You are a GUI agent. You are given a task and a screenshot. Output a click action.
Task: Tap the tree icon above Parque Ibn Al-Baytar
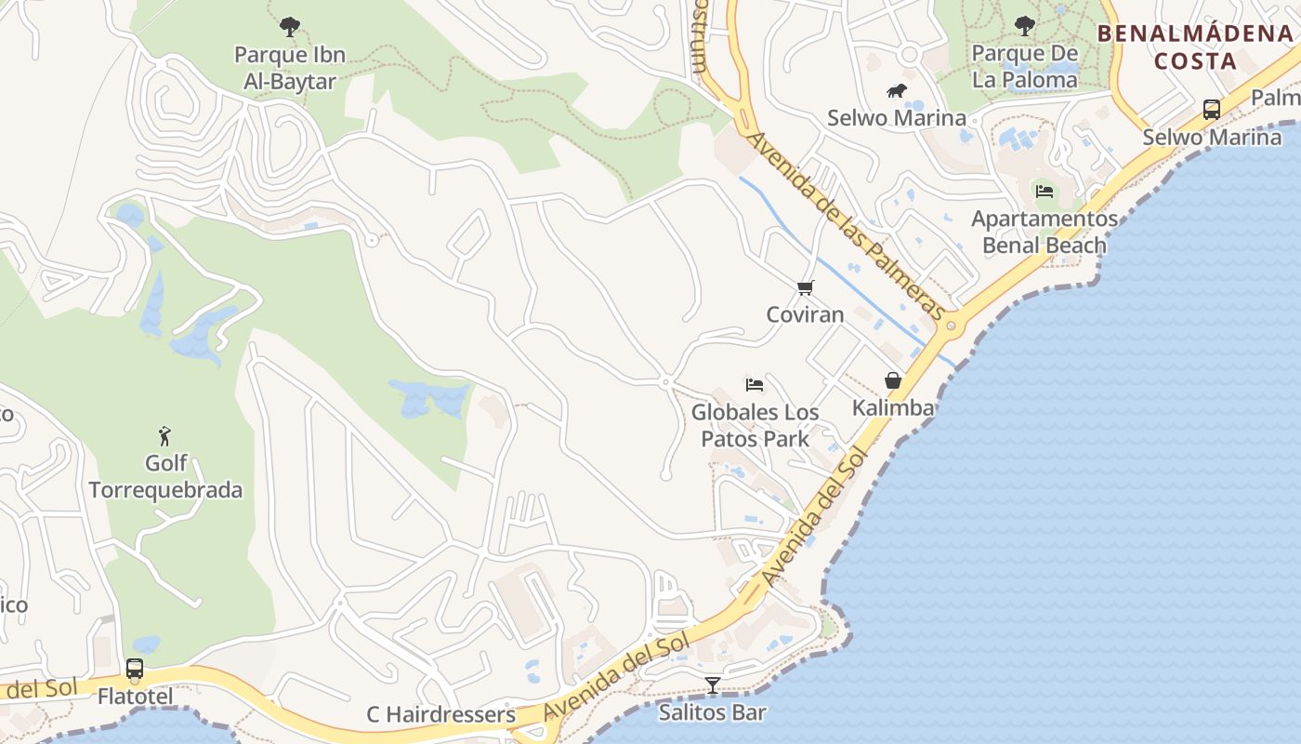coord(290,26)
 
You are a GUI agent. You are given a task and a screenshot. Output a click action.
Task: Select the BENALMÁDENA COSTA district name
coord(1194,47)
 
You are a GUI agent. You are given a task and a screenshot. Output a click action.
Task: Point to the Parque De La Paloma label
coord(1025,66)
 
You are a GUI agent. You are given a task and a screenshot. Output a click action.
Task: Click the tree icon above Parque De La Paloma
coord(1025,25)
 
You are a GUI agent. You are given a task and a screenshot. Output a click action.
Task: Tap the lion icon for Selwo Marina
coord(897,91)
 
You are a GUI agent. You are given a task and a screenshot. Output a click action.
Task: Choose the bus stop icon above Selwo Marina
coord(1212,110)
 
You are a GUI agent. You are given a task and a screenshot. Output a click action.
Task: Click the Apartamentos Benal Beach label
coord(1045,232)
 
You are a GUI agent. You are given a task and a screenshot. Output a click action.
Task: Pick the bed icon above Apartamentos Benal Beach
coord(1045,192)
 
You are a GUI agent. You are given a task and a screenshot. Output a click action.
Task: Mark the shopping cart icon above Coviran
coord(806,287)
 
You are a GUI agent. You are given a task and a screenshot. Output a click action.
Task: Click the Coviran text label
coord(806,314)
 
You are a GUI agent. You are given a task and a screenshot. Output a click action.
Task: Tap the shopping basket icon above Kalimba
coord(893,380)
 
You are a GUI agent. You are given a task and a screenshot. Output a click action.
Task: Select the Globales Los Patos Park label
coord(755,425)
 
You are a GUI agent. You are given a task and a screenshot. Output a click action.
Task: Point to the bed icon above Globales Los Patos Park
coord(755,384)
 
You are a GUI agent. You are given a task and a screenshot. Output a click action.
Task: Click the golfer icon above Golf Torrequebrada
coord(165,435)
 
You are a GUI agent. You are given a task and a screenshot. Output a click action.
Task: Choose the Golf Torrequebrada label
coord(165,476)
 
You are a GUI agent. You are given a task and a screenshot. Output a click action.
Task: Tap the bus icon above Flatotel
coord(135,669)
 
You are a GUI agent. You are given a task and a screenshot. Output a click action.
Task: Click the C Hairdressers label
coord(440,714)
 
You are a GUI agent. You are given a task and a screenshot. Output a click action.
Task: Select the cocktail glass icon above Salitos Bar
coord(713,685)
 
